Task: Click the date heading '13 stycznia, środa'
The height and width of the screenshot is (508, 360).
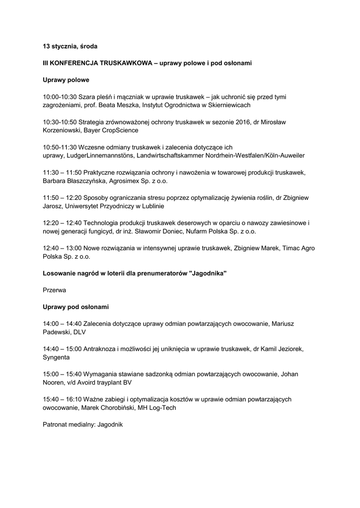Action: (x=70, y=46)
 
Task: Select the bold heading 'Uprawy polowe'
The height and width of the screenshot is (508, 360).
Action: (x=66, y=79)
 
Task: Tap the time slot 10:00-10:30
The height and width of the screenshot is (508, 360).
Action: (x=60, y=97)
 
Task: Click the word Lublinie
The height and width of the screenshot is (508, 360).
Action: (x=151, y=206)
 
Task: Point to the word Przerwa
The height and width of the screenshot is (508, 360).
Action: (x=55, y=290)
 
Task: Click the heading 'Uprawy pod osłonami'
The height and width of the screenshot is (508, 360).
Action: (x=75, y=307)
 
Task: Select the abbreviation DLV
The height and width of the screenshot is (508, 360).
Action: (x=79, y=332)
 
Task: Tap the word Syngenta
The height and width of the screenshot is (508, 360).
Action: (x=56, y=357)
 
